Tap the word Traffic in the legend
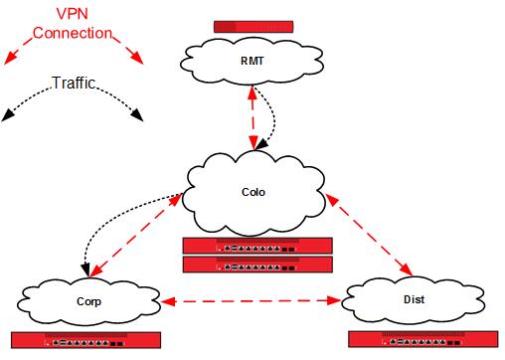(x=73, y=85)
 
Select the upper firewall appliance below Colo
(x=257, y=245)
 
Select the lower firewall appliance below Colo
(x=257, y=264)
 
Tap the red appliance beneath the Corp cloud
(x=86, y=339)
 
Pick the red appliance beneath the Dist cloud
(x=423, y=339)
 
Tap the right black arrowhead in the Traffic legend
(x=137, y=116)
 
